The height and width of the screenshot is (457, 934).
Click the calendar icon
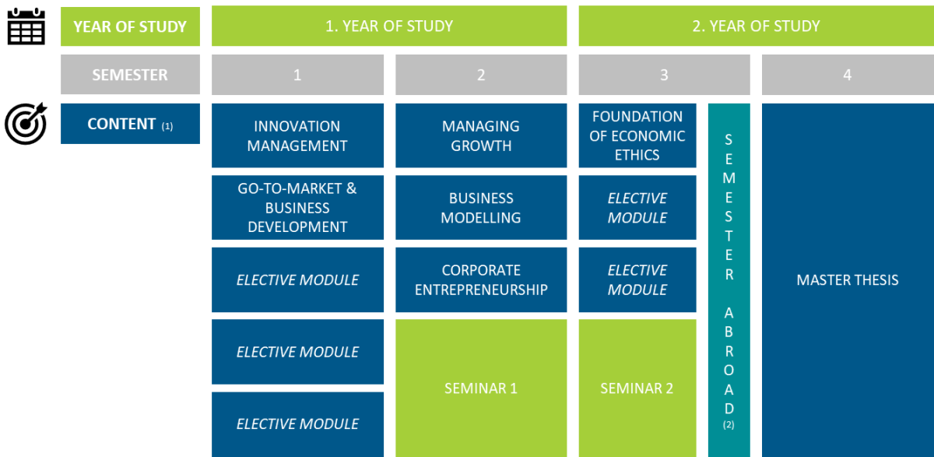(x=26, y=26)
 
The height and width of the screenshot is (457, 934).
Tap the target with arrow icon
(x=26, y=124)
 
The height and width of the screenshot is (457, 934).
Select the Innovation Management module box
(x=297, y=135)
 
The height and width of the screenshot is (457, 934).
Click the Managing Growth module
(x=481, y=135)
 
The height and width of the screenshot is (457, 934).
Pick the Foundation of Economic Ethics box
(x=637, y=135)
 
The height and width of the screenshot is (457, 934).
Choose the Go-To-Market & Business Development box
(x=297, y=208)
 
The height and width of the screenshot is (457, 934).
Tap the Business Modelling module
(x=481, y=208)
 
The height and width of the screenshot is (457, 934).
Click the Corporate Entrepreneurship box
(x=481, y=279)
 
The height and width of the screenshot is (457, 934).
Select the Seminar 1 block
(x=481, y=388)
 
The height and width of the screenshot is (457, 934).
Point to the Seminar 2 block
(x=637, y=388)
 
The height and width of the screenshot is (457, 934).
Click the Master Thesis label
(x=848, y=279)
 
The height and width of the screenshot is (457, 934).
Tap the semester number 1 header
(x=297, y=75)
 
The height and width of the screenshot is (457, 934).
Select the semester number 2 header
(x=481, y=75)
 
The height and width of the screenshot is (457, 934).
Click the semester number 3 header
(x=664, y=75)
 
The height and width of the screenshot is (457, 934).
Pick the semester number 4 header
(x=848, y=75)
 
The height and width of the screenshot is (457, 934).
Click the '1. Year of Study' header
(x=389, y=26)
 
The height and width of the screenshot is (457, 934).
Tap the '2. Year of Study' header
(x=756, y=26)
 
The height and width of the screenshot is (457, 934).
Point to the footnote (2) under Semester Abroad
(x=729, y=425)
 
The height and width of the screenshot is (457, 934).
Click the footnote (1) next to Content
(x=167, y=126)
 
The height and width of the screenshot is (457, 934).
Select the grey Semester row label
(x=130, y=75)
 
